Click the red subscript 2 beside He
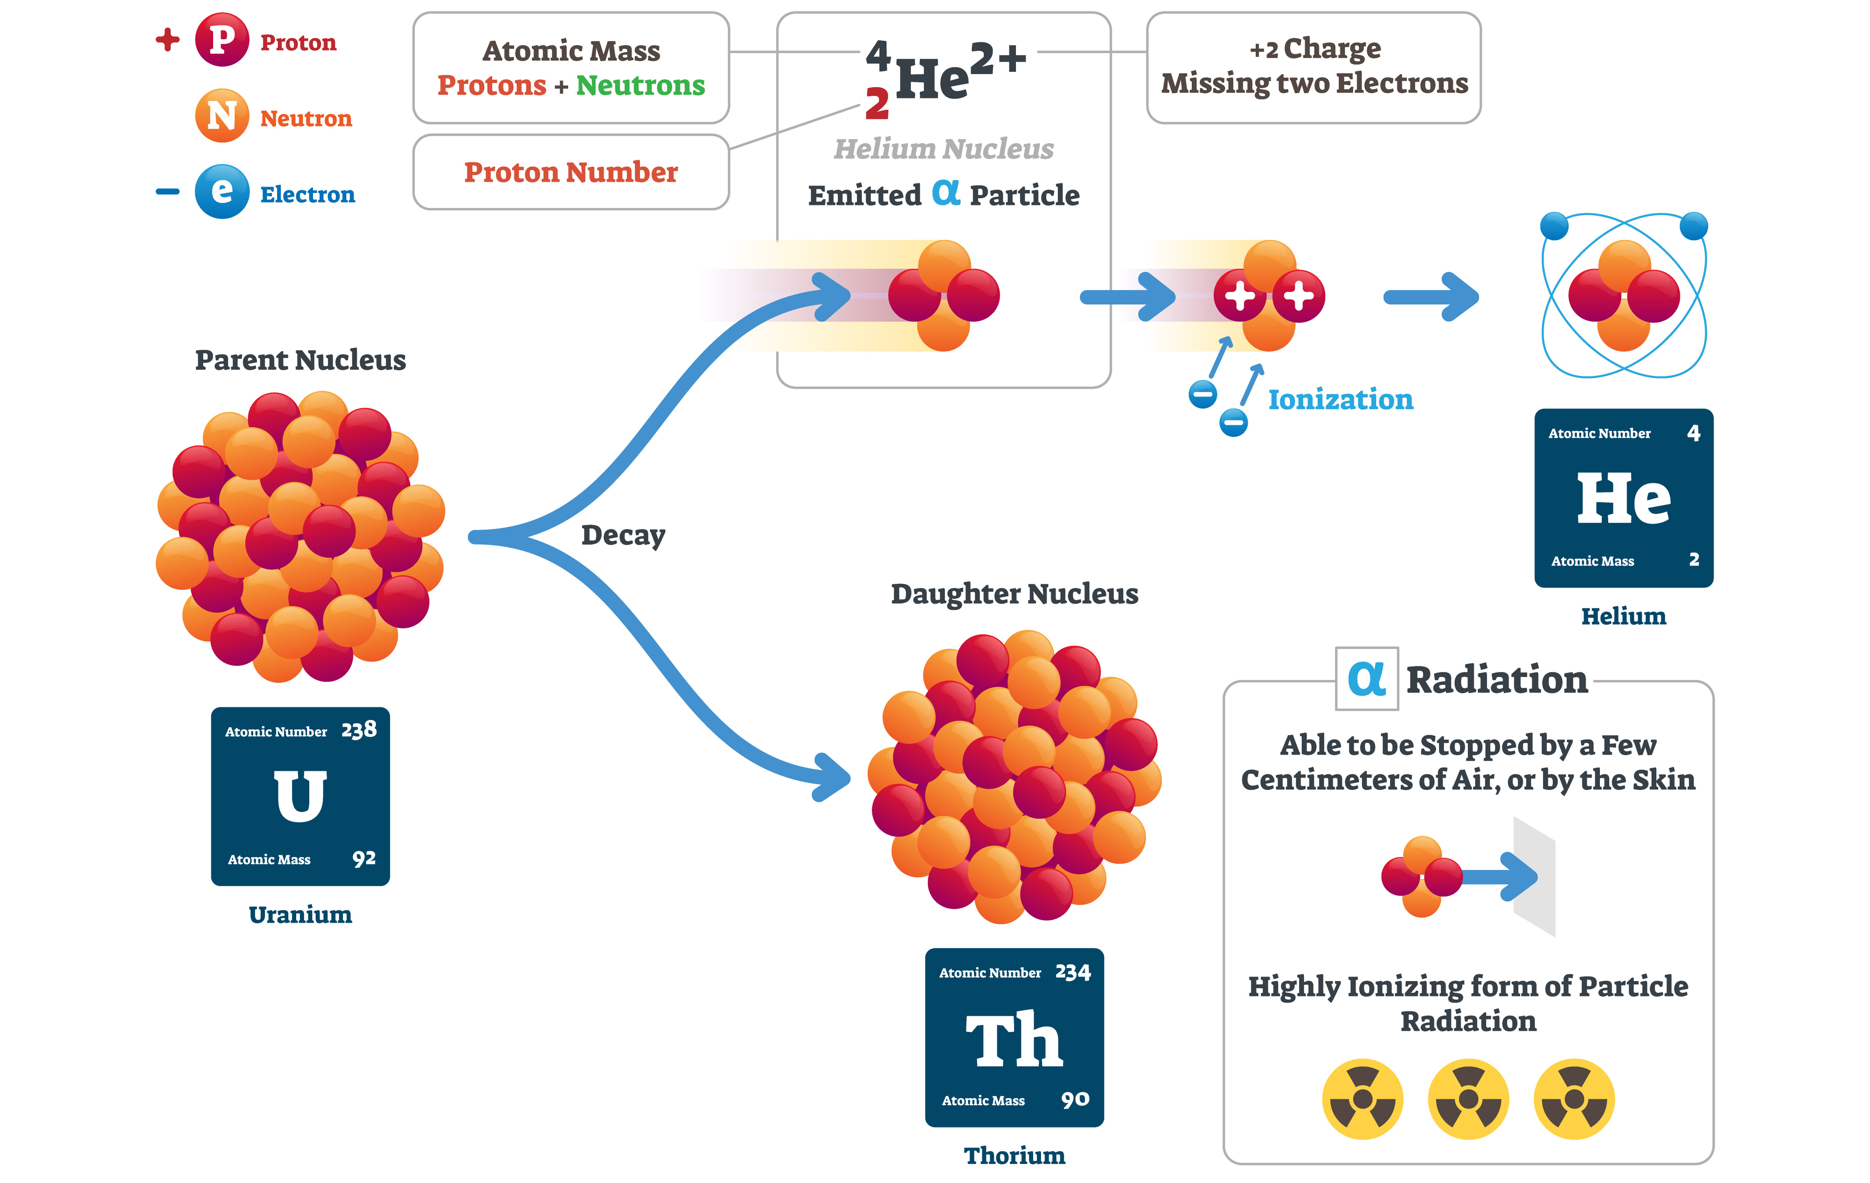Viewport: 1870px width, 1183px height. pos(877,104)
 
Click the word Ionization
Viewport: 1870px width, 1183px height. pos(1341,400)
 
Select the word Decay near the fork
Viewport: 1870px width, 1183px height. pos(623,536)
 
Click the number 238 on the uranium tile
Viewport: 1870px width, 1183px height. pos(359,730)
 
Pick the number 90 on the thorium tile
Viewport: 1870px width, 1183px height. pos(1075,1099)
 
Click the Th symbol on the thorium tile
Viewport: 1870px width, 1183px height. pos(1014,1040)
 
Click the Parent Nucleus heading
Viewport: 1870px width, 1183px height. pos(300,360)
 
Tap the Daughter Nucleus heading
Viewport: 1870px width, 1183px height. pos(1014,594)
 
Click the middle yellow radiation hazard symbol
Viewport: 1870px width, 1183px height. pos(1468,1099)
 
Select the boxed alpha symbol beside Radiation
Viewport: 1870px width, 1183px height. pos(1366,679)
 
